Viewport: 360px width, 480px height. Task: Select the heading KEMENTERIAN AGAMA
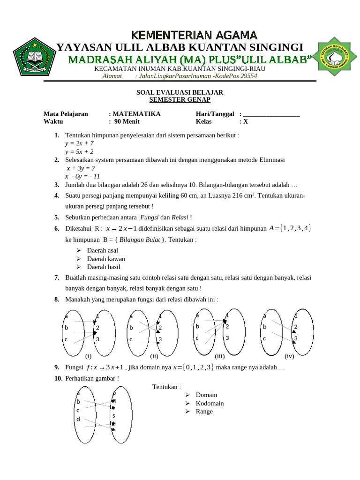pos(194,35)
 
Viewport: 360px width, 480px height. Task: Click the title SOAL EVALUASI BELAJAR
pos(180,92)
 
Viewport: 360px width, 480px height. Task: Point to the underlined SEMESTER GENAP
pos(180,99)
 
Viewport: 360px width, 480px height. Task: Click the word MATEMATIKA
pos(136,113)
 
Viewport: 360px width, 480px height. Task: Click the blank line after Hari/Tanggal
pos(271,114)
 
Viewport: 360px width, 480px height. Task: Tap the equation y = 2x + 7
pos(79,143)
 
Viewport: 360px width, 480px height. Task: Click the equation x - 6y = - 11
pos(82,176)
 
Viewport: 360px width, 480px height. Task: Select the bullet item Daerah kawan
pos(106,259)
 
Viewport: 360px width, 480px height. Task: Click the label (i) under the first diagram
pos(88,356)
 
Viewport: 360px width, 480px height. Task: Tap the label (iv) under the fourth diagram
pos(289,356)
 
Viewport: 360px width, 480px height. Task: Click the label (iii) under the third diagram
pos(220,356)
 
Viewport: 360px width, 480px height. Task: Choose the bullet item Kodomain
pos(210,403)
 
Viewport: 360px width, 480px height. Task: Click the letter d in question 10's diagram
pos(78,418)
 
